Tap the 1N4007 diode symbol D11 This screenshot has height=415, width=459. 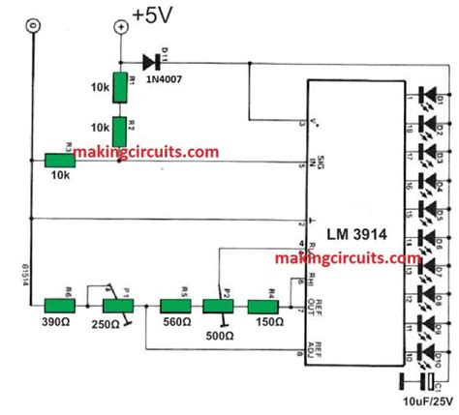pyautogui.click(x=151, y=62)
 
